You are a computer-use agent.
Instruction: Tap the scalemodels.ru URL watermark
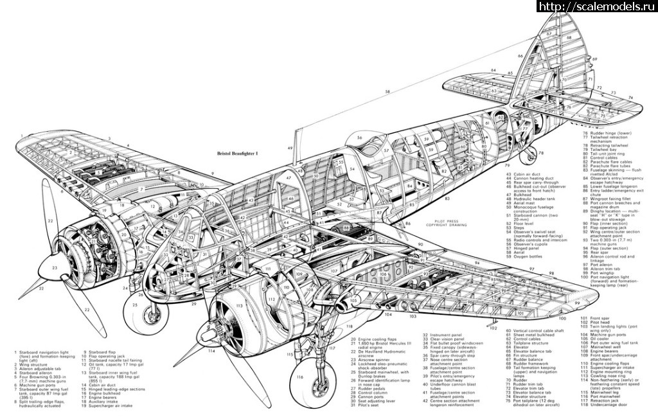596,6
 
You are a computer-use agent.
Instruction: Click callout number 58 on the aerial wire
387,93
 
